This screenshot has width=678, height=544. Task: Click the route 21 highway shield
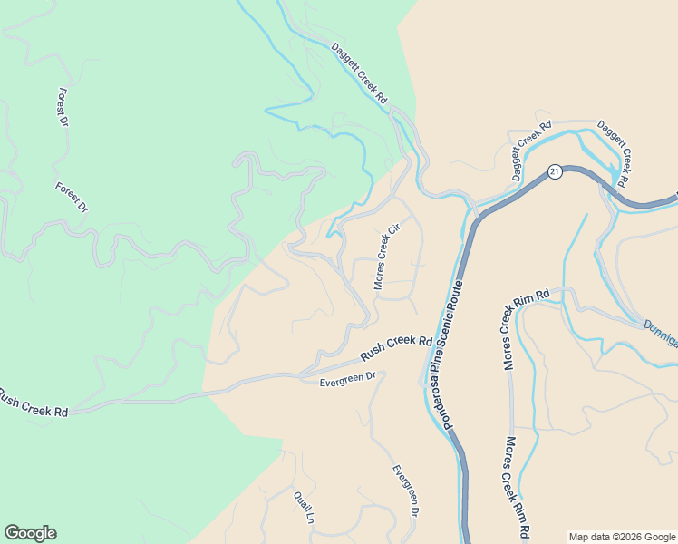[x=555, y=171]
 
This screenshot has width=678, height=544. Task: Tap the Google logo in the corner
[x=30, y=533]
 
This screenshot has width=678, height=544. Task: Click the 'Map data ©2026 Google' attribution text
[x=621, y=537]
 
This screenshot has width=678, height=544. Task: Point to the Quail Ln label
[x=303, y=506]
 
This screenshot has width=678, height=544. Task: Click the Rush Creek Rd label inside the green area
[x=34, y=403]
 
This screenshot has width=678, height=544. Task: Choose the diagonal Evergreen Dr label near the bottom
[x=405, y=491]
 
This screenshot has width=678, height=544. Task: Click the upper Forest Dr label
[x=63, y=108]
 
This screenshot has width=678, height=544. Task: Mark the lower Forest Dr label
[x=72, y=198]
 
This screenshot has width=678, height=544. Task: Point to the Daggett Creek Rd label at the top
[x=359, y=73]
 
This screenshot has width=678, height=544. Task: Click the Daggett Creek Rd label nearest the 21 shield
[x=530, y=151]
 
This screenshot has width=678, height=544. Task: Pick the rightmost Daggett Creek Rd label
[x=613, y=154]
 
